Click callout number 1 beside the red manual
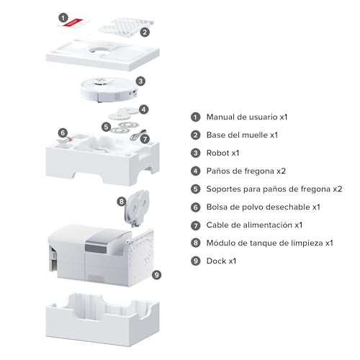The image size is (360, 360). point(63,18)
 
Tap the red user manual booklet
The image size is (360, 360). point(73,23)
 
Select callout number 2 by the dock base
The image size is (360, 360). point(145,32)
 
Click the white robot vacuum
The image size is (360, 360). point(109,89)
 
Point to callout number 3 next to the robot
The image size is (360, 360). point(140,81)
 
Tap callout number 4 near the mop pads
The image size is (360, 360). point(143,109)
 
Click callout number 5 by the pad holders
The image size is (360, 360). point(106,127)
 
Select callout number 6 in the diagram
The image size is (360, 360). point(63,132)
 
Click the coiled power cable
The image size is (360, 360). point(138,135)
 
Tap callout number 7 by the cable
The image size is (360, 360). point(145,139)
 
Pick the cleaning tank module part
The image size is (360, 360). point(136,208)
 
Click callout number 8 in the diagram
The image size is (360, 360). point(122,201)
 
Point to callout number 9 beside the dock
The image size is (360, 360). point(156,274)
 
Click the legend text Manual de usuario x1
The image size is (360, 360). point(247,117)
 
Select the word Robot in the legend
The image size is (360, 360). point(218,153)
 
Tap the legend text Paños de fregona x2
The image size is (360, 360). point(246,171)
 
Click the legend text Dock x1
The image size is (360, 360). point(221,261)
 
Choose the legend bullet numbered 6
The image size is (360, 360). point(196,207)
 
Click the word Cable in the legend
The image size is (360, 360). point(217,225)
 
